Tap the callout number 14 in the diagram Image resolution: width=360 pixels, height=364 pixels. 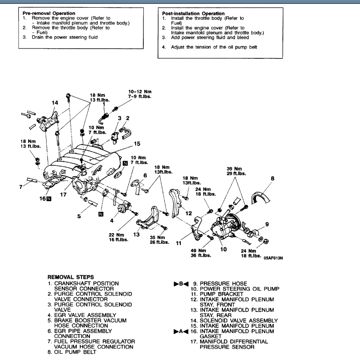54,103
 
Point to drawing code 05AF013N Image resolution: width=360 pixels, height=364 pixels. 273,258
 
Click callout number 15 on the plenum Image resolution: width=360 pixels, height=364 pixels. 137,143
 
